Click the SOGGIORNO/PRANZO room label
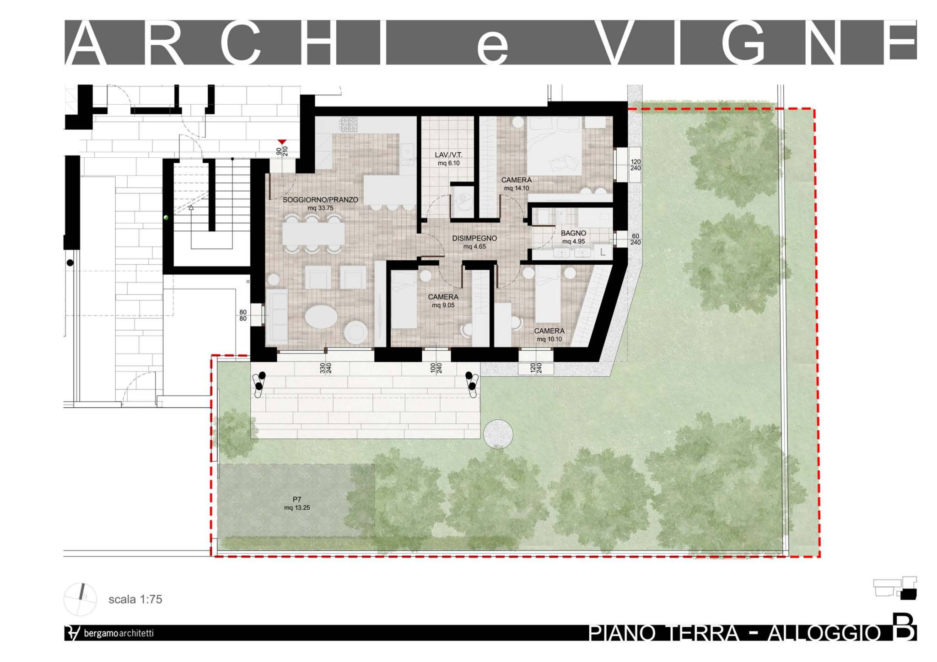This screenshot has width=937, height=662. click(x=320, y=200)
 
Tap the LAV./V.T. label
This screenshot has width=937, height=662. click(x=448, y=155)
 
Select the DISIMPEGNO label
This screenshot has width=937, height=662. click(x=474, y=238)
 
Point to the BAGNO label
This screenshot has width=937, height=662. click(x=573, y=233)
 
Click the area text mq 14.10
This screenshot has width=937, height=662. click(x=516, y=188)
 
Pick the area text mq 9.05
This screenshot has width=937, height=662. click(x=443, y=305)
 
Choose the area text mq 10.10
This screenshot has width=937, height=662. click(x=549, y=339)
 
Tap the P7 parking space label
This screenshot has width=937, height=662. click(x=297, y=500)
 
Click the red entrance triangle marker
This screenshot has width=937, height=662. click(x=282, y=142)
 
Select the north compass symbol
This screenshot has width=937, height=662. click(x=80, y=599)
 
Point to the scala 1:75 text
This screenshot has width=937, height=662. click(x=135, y=599)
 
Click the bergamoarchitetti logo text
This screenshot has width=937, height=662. click(x=118, y=633)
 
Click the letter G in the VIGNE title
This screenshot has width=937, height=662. click(x=744, y=42)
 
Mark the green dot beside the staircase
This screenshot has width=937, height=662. click(x=166, y=218)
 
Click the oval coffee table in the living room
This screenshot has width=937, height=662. click(x=321, y=316)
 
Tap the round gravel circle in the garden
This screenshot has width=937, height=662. click(x=498, y=434)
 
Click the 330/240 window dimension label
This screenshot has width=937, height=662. click(x=325, y=368)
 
